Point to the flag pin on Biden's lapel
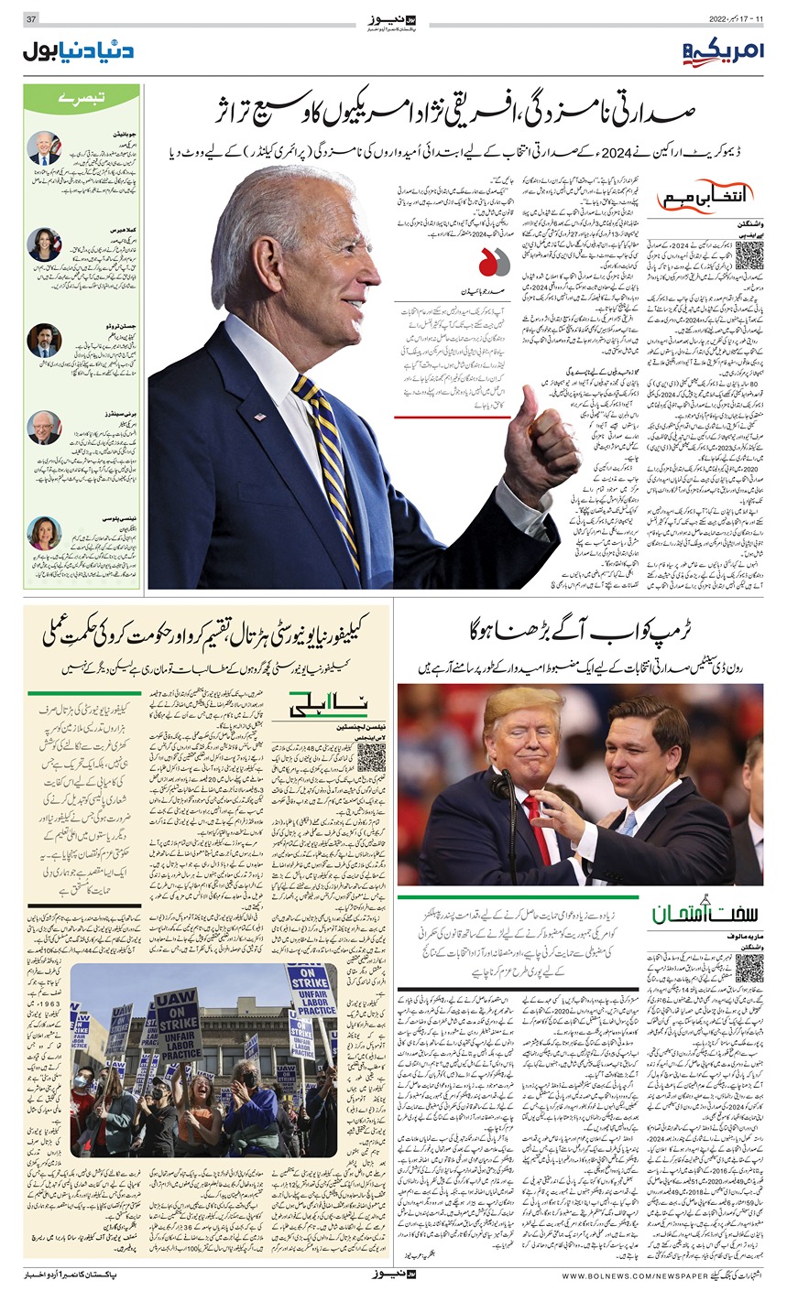click(258, 417)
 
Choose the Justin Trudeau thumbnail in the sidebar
click(44, 340)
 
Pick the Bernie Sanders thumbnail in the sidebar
click(44, 427)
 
